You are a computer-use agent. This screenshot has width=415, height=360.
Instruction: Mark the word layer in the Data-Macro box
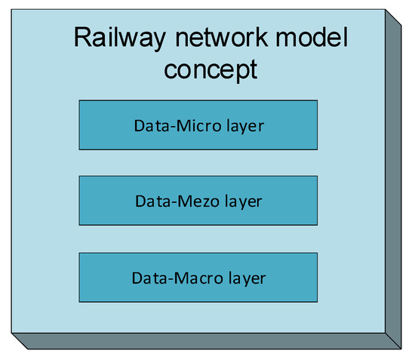(247, 278)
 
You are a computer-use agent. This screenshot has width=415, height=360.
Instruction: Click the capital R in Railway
(81, 38)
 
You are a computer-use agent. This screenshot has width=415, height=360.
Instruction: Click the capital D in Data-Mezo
(140, 202)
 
